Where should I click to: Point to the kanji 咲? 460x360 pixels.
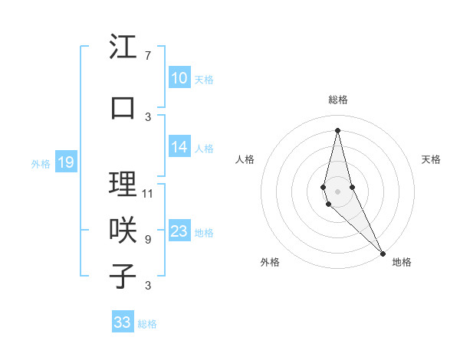[123, 229]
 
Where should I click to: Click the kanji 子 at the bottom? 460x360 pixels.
[123, 275]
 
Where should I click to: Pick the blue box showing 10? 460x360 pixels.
[179, 78]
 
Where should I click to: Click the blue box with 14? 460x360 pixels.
[179, 148]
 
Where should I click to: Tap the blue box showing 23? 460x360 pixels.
[179, 232]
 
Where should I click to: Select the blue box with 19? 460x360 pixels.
[66, 162]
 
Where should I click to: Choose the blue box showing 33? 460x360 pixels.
[123, 322]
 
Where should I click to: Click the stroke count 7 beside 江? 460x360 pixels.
[148, 56]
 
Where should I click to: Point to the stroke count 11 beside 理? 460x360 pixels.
[148, 194]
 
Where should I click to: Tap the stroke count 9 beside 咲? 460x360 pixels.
[148, 240]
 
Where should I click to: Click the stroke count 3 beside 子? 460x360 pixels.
[148, 286]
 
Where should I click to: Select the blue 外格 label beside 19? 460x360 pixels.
[41, 163]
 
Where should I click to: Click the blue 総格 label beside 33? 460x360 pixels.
[147, 324]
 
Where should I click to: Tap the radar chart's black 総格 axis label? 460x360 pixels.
[338, 100]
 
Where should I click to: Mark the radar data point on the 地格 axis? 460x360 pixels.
[383, 253]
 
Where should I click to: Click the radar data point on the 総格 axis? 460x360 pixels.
[338, 130]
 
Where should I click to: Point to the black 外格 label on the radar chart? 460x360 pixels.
[270, 262]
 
